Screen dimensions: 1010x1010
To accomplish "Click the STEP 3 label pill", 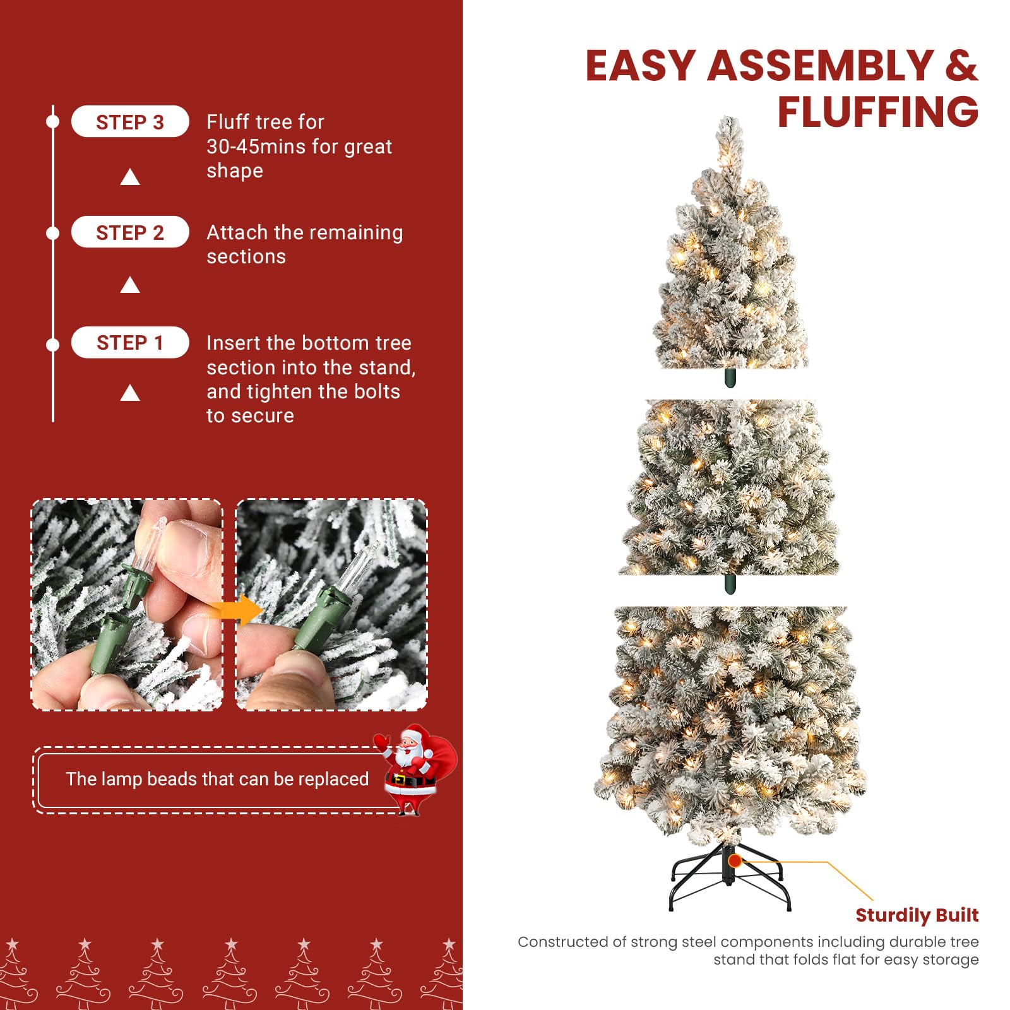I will click(130, 122).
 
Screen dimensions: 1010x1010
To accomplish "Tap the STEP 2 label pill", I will click(130, 232).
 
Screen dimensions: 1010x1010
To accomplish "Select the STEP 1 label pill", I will click(130, 343).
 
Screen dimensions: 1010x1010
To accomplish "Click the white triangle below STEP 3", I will click(130, 177).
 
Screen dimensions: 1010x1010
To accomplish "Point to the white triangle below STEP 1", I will click(130, 393).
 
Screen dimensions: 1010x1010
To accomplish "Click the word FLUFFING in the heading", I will click(877, 112).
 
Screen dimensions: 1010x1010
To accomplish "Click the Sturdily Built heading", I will click(917, 915).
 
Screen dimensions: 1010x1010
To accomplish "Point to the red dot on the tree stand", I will click(735, 860).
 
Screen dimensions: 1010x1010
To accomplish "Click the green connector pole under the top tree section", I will click(730, 378).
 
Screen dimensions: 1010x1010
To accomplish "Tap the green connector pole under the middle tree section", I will click(730, 584).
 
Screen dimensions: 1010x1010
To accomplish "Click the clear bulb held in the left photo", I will click(154, 540).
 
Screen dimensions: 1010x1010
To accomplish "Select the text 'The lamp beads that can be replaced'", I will click(217, 779).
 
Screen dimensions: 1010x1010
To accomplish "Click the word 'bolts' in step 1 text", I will click(377, 391).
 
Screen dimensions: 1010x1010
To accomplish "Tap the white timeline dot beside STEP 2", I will click(53, 233).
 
